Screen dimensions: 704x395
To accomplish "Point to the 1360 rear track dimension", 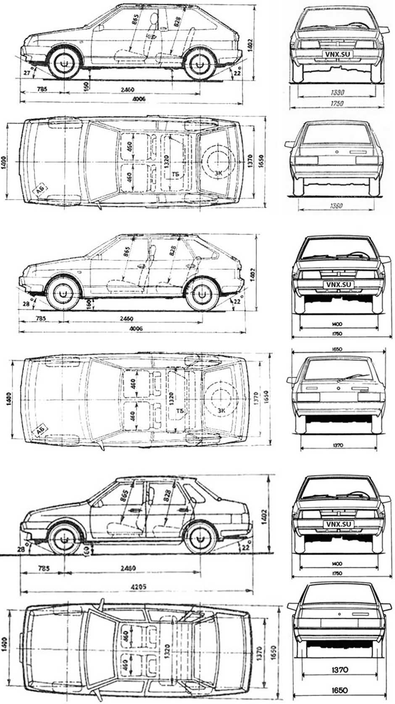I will [336, 206].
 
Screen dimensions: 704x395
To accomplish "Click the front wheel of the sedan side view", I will [65, 539].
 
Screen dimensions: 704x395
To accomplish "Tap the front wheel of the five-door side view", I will [63, 294].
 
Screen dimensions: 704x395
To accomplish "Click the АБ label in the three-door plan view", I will [41, 191].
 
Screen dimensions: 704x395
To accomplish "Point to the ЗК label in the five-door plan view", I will [222, 410].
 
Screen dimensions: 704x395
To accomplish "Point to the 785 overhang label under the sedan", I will [43, 568].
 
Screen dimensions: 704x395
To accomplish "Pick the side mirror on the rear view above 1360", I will [290, 144].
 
